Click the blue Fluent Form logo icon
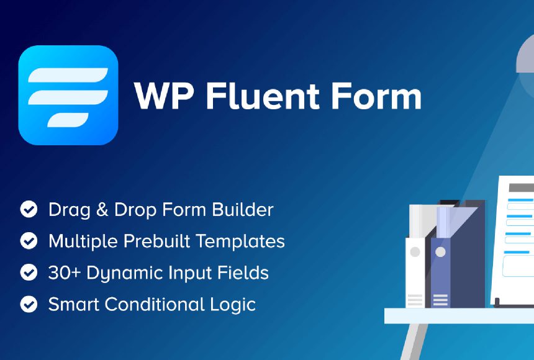[x=68, y=95]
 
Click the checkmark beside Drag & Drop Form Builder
[x=29, y=209]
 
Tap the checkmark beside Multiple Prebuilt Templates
[x=29, y=241]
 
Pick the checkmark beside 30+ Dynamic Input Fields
[x=29, y=272]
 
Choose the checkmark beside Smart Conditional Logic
[x=29, y=304]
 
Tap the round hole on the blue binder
[x=440, y=252]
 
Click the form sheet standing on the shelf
[x=514, y=242]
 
